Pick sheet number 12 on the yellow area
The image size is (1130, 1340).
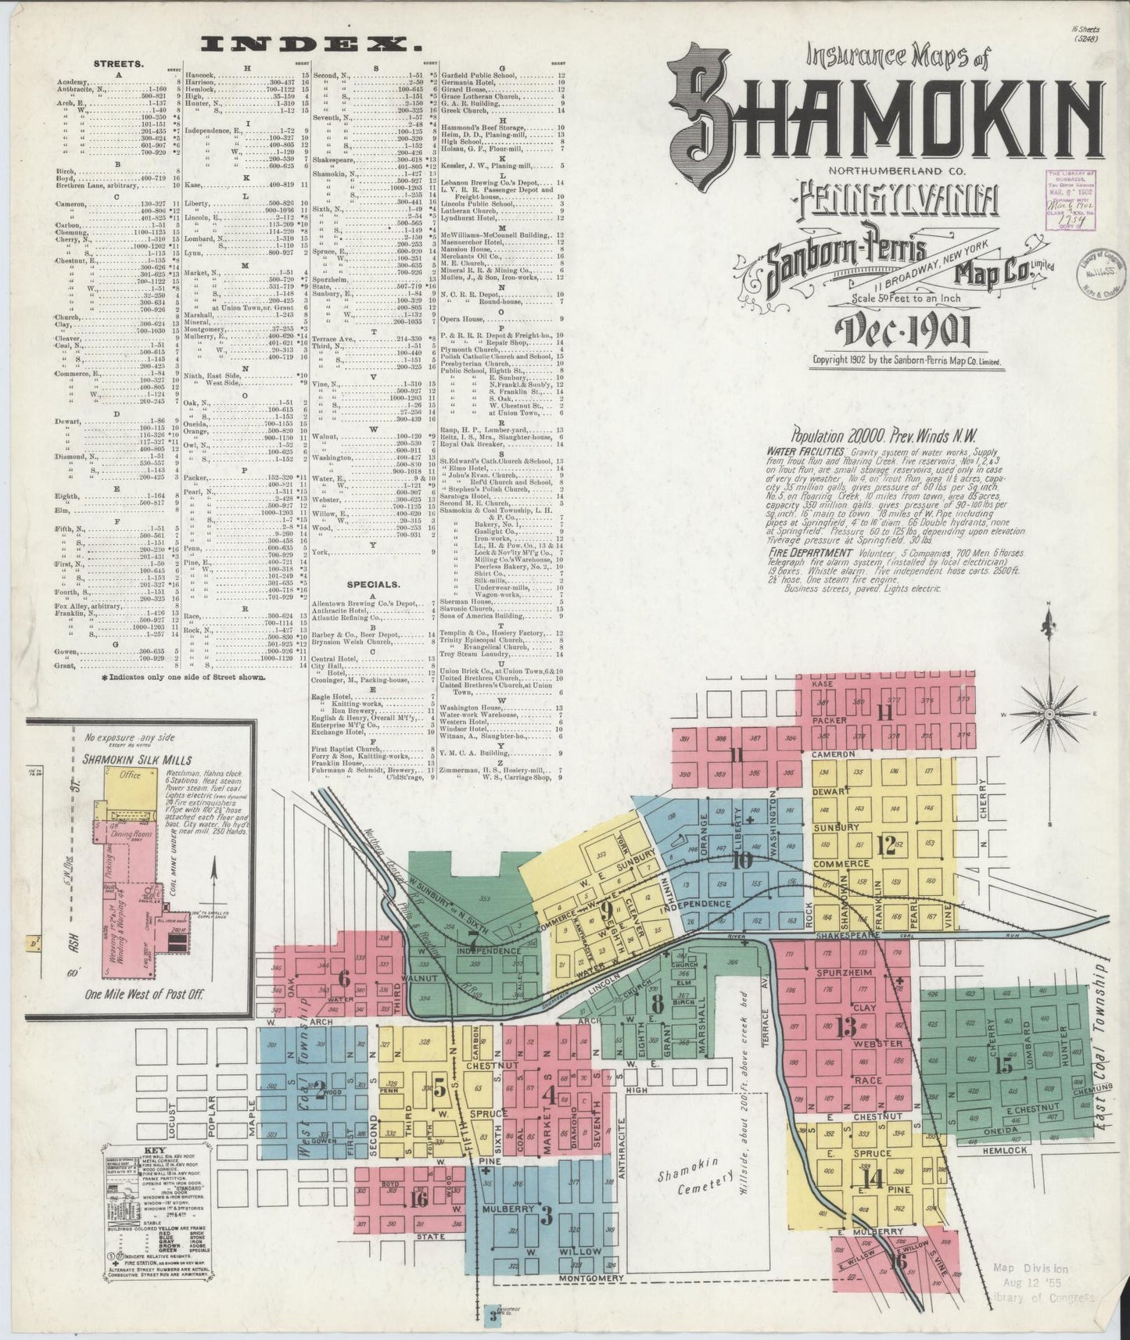point(886,846)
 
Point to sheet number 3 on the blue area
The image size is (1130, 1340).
point(547,1216)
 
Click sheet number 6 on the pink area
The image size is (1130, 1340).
point(345,978)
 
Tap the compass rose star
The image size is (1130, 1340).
point(1049,713)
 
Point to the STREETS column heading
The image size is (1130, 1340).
point(117,64)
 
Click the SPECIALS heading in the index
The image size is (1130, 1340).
point(377,584)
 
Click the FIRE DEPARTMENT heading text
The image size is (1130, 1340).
point(805,552)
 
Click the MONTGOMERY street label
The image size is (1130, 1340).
point(590,1277)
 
